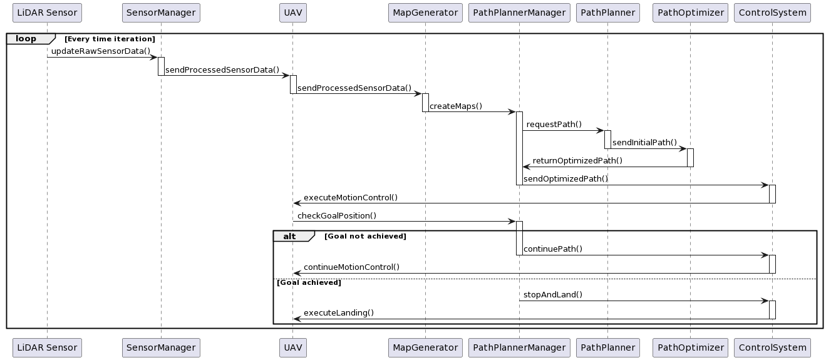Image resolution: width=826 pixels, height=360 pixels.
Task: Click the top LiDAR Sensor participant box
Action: click(47, 13)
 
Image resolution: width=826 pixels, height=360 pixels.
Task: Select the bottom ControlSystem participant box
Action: click(772, 347)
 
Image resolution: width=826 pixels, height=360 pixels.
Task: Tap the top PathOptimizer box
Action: click(690, 13)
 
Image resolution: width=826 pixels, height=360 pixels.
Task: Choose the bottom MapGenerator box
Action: click(425, 347)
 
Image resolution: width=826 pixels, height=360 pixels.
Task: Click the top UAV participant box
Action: click(293, 13)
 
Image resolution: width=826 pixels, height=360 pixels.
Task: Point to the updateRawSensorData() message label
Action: click(101, 51)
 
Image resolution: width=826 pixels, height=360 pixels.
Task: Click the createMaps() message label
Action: click(455, 106)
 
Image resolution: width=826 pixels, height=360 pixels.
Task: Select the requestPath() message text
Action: click(554, 124)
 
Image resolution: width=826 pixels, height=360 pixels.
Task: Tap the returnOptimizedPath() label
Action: click(577, 161)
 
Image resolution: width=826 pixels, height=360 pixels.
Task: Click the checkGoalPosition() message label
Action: click(337, 216)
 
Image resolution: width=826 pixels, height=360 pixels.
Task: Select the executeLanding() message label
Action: click(339, 313)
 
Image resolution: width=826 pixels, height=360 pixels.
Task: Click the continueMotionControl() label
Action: click(351, 267)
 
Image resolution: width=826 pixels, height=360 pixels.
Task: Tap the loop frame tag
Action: click(26, 39)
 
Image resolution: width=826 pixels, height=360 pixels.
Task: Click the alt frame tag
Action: click(290, 236)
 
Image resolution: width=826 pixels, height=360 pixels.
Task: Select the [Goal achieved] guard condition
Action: click(309, 283)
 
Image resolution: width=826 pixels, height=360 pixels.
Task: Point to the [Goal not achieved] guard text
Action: click(365, 237)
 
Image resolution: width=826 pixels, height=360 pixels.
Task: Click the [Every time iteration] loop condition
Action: click(110, 39)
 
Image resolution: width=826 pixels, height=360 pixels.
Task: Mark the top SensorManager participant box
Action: click(161, 13)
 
